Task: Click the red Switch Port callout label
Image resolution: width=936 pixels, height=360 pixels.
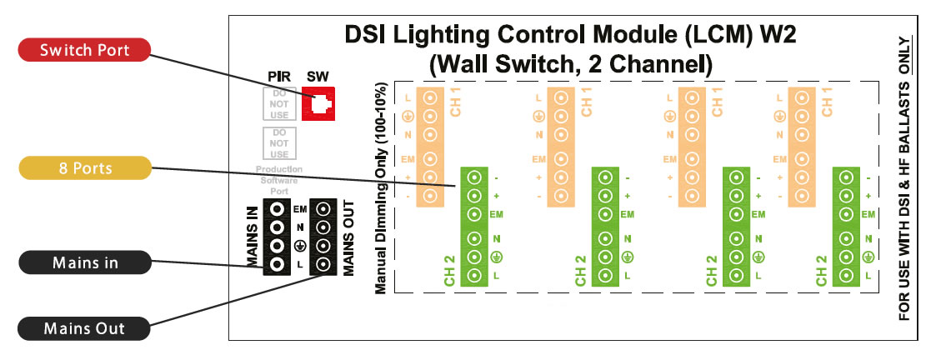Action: pyautogui.click(x=83, y=50)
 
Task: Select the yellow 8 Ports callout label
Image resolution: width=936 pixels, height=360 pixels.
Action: pyautogui.click(x=83, y=168)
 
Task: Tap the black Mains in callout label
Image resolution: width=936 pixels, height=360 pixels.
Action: pyautogui.click(x=85, y=263)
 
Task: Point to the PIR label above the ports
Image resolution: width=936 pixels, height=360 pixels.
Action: pyautogui.click(x=278, y=77)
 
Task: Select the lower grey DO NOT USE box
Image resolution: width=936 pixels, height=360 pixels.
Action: pyautogui.click(x=279, y=143)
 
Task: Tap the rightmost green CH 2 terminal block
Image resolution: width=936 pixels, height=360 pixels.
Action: pyautogui.click(x=846, y=226)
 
